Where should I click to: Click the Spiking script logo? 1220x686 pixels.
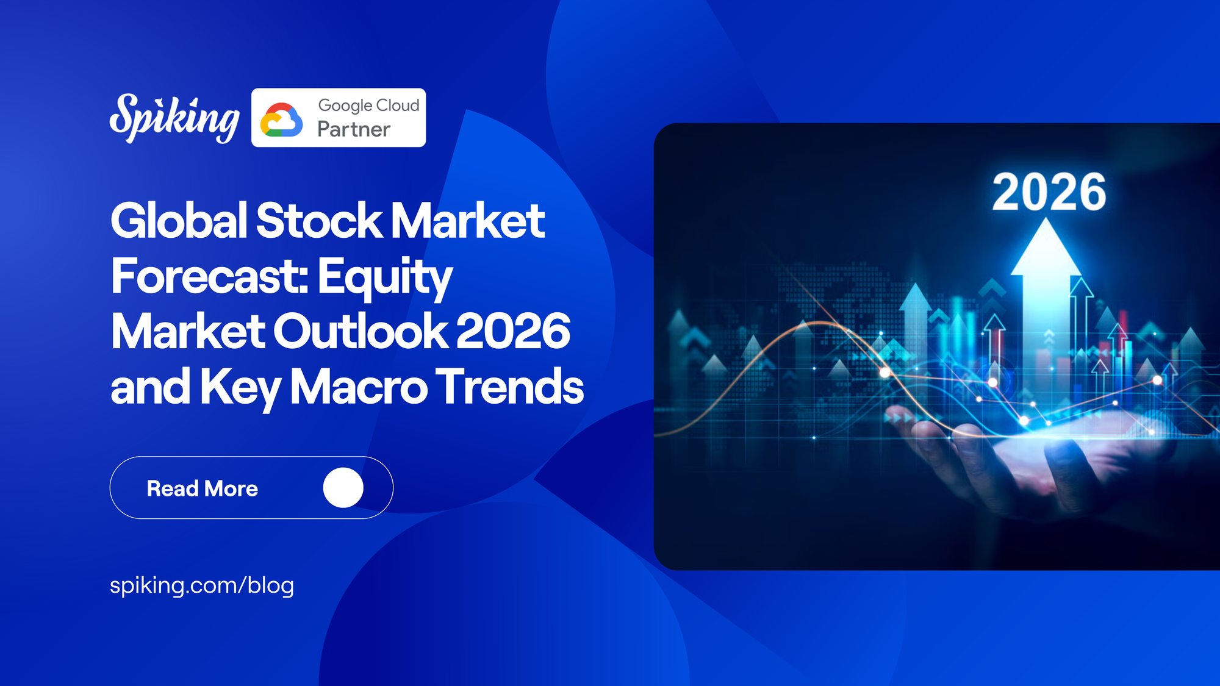[x=174, y=118]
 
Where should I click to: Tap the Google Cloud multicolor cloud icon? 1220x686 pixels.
[x=281, y=120]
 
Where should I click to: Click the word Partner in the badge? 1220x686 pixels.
[x=353, y=129]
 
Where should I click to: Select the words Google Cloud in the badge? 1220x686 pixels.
[x=368, y=105]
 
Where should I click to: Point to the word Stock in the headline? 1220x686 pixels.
[x=319, y=221]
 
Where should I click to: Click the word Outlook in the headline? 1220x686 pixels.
[x=360, y=332]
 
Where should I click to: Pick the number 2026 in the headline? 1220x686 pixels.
[x=512, y=332]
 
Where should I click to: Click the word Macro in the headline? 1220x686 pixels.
[x=359, y=387]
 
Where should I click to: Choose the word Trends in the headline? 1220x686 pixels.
[x=509, y=387]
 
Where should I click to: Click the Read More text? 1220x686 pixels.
[x=202, y=488]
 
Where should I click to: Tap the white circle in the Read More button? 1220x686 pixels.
[x=343, y=488]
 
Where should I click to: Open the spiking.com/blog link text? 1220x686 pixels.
[x=202, y=585]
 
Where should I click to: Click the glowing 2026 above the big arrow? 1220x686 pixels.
[x=1049, y=193]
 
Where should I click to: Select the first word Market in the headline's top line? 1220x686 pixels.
[x=467, y=221]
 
